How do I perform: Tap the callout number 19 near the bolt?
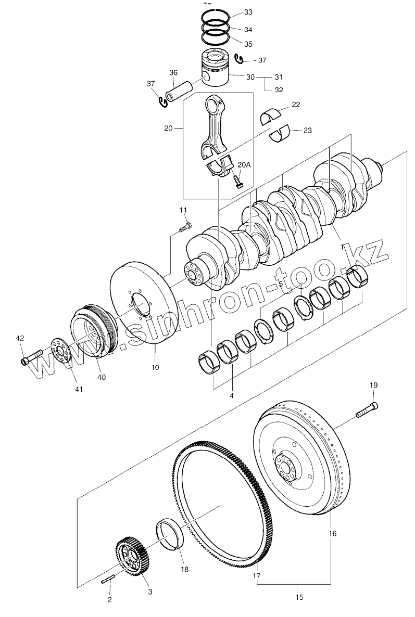[374, 385]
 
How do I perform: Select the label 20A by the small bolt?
[244, 165]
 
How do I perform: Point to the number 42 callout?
[20, 339]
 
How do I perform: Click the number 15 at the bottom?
[299, 597]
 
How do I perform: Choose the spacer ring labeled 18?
[171, 532]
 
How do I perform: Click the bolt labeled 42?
[32, 357]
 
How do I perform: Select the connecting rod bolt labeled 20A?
[239, 182]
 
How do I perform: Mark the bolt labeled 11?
[185, 227]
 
